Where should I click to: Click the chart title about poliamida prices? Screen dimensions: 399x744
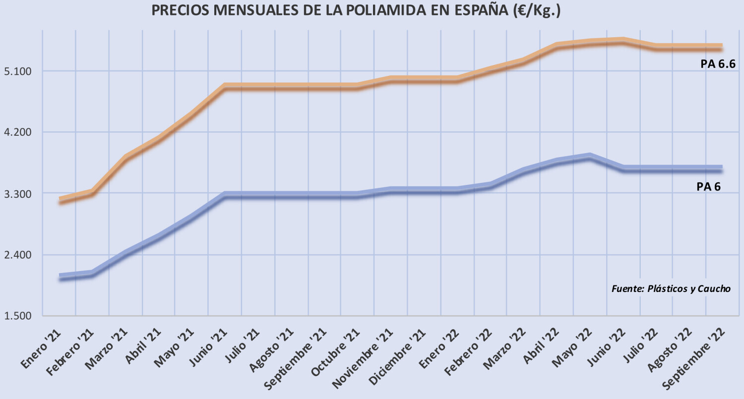coord(356,11)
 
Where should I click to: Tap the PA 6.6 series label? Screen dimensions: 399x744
coord(718,64)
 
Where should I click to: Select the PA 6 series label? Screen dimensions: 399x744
coord(708,186)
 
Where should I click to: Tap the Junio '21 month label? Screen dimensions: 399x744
coord(207,349)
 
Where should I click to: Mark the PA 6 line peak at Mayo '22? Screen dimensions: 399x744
coord(589,156)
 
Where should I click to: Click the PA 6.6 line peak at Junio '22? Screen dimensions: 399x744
coord(622,41)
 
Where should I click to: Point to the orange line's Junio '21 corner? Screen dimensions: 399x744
coord(225,87)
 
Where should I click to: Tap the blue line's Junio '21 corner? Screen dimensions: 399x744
coord(225,195)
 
